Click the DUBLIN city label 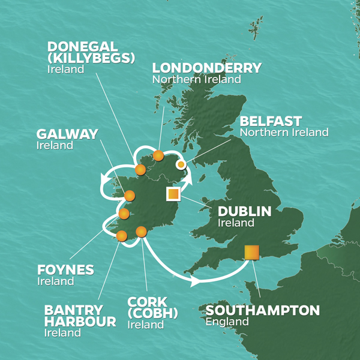click(244, 211)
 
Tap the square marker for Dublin click(173, 194)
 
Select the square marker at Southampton click(251, 252)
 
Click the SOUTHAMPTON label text click(262, 311)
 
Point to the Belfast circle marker click(180, 164)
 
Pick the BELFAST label click(271, 121)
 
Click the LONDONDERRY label click(207, 68)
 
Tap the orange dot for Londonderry click(158, 156)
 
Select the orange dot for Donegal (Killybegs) click(140, 170)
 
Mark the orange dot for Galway click(130, 195)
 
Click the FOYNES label click(65, 270)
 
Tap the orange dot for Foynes click(124, 214)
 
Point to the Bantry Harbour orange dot click(121, 236)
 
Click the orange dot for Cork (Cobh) click(142, 232)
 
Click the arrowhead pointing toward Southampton click(195, 280)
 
